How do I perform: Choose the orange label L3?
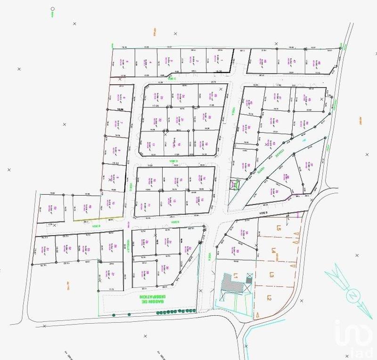(271, 275)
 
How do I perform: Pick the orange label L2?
(269, 297)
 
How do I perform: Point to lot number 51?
(48, 248)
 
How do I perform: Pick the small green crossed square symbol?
(233, 185)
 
